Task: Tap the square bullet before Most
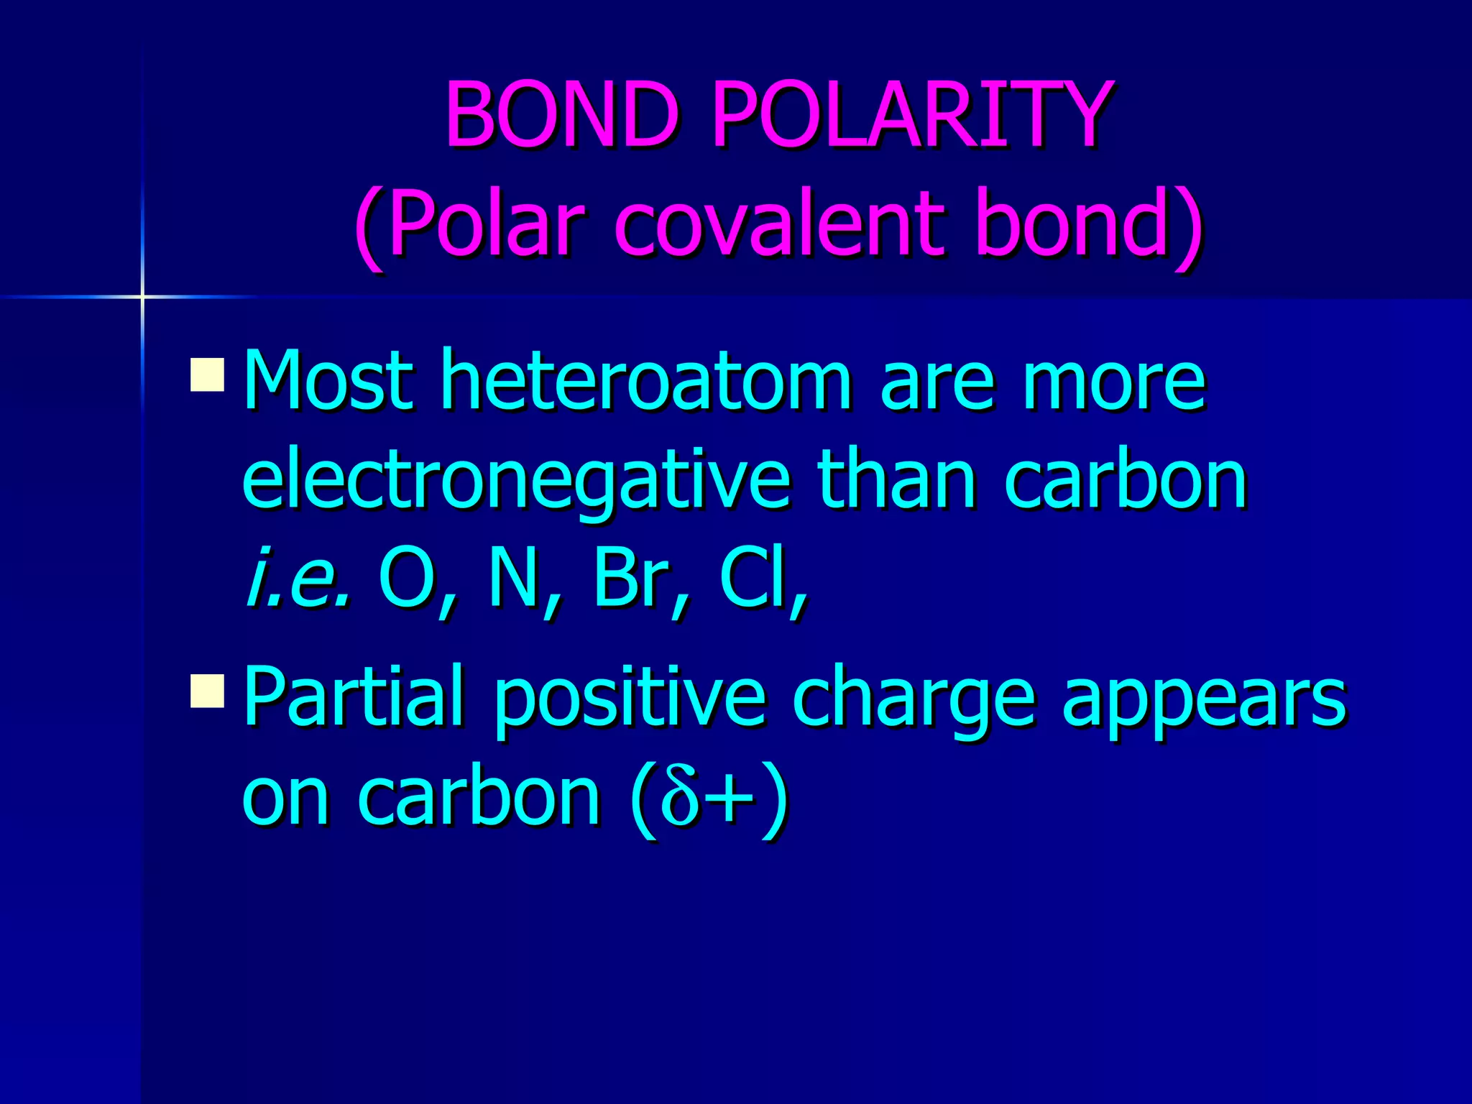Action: (208, 374)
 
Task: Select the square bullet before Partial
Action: (208, 691)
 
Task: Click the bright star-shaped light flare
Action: (142, 296)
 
